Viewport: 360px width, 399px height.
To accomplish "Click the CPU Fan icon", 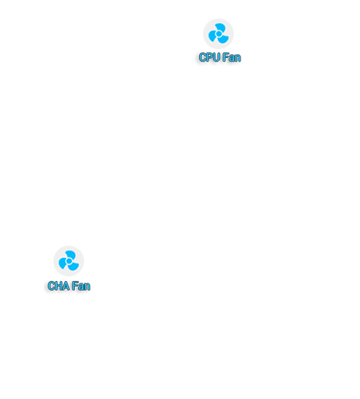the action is pos(218,33).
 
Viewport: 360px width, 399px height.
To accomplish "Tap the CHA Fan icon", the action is pos(69,261).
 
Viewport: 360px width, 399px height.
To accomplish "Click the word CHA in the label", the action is pos(59,286).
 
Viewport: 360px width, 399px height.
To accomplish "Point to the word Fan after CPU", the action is pos(232,57).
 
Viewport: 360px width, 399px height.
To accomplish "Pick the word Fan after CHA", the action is pos(81,286).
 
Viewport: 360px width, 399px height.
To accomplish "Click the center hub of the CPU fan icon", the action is pos(218,33).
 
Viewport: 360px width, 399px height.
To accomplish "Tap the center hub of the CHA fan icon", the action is pos(69,261).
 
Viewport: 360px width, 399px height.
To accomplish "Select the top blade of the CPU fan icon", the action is pos(220,27).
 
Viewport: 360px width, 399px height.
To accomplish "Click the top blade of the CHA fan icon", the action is pos(71,254).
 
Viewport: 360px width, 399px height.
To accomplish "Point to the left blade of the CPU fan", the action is pos(212,36).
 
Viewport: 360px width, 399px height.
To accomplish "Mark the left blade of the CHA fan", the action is pos(62,263).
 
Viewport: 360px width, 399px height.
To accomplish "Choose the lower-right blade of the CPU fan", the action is pos(223,39).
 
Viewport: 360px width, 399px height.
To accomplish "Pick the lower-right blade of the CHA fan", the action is pos(73,266).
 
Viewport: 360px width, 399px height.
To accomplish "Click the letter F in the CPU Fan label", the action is pos(226,57).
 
